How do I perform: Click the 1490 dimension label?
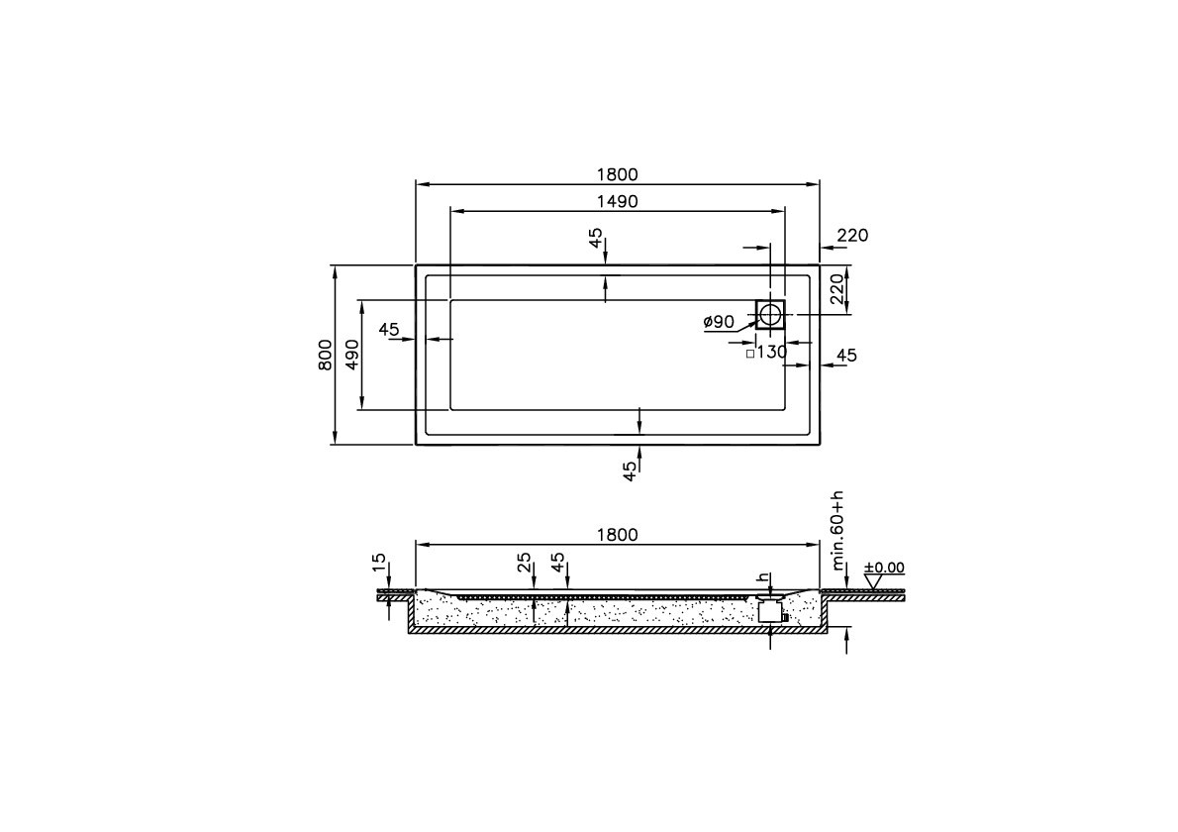(616, 201)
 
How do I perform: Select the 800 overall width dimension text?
(325, 354)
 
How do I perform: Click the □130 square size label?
(765, 352)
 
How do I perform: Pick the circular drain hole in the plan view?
(770, 315)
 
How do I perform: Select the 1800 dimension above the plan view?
(617, 175)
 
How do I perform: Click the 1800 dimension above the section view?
(617, 535)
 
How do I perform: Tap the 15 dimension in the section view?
(378, 563)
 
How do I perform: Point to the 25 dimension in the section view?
(525, 563)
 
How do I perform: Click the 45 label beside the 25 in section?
(558, 563)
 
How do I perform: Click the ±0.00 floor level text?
(884, 568)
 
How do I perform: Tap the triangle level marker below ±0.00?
(872, 582)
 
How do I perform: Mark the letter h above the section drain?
(761, 577)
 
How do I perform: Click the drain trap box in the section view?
(770, 611)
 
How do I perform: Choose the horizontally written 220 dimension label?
(851, 236)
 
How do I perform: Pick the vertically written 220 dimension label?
(836, 289)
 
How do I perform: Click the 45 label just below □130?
(846, 356)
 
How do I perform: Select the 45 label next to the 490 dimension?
(388, 329)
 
